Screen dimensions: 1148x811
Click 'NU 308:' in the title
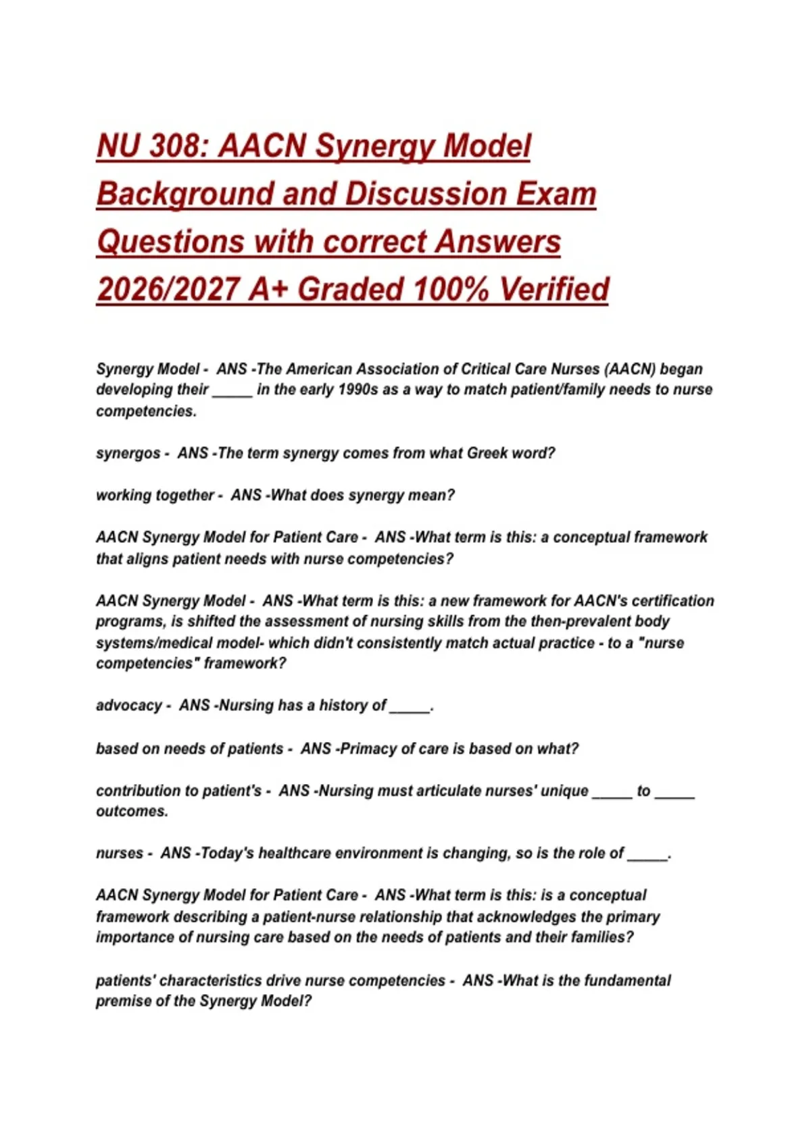tap(153, 147)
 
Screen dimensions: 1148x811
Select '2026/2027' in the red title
tap(167, 290)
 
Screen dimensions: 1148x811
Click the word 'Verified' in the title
tap(554, 290)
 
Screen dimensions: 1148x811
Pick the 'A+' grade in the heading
tap(269, 290)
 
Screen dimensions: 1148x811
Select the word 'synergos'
tap(128, 453)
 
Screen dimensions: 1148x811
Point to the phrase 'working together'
tap(155, 496)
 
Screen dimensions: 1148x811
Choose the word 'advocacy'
tap(129, 706)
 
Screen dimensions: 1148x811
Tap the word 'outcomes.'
tap(132, 811)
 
